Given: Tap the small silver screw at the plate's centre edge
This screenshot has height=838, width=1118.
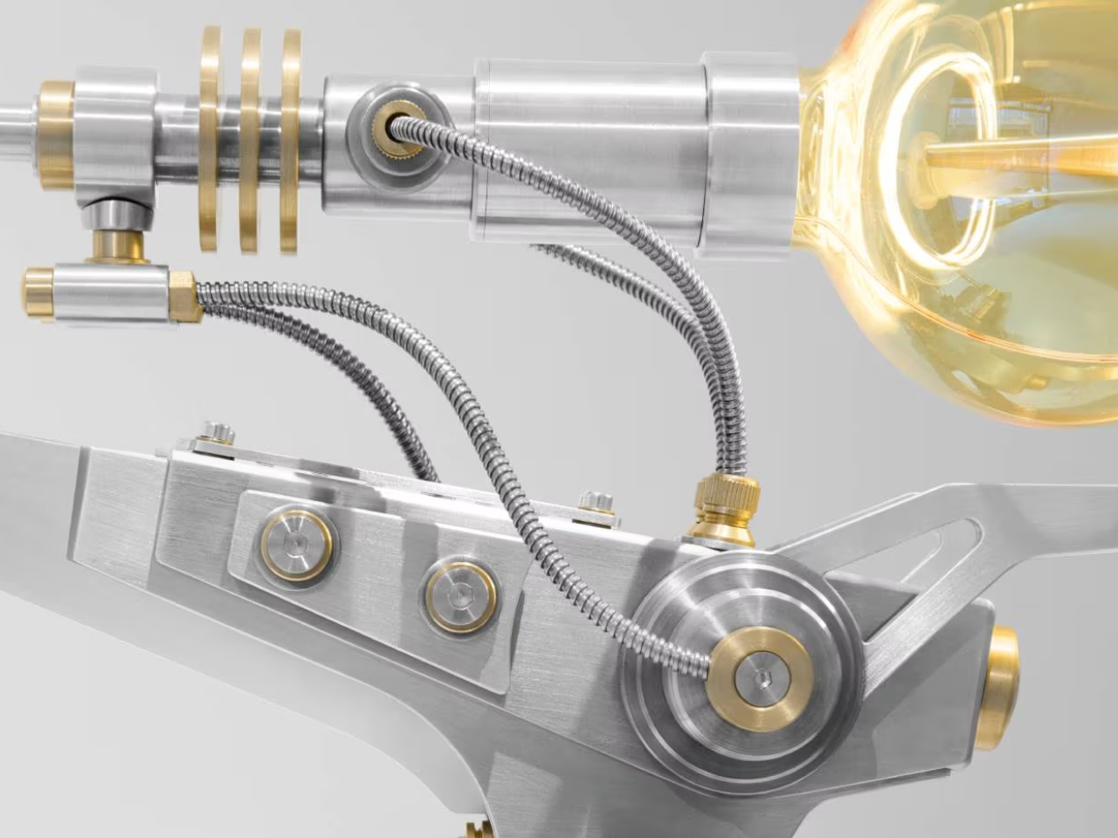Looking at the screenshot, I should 595,504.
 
